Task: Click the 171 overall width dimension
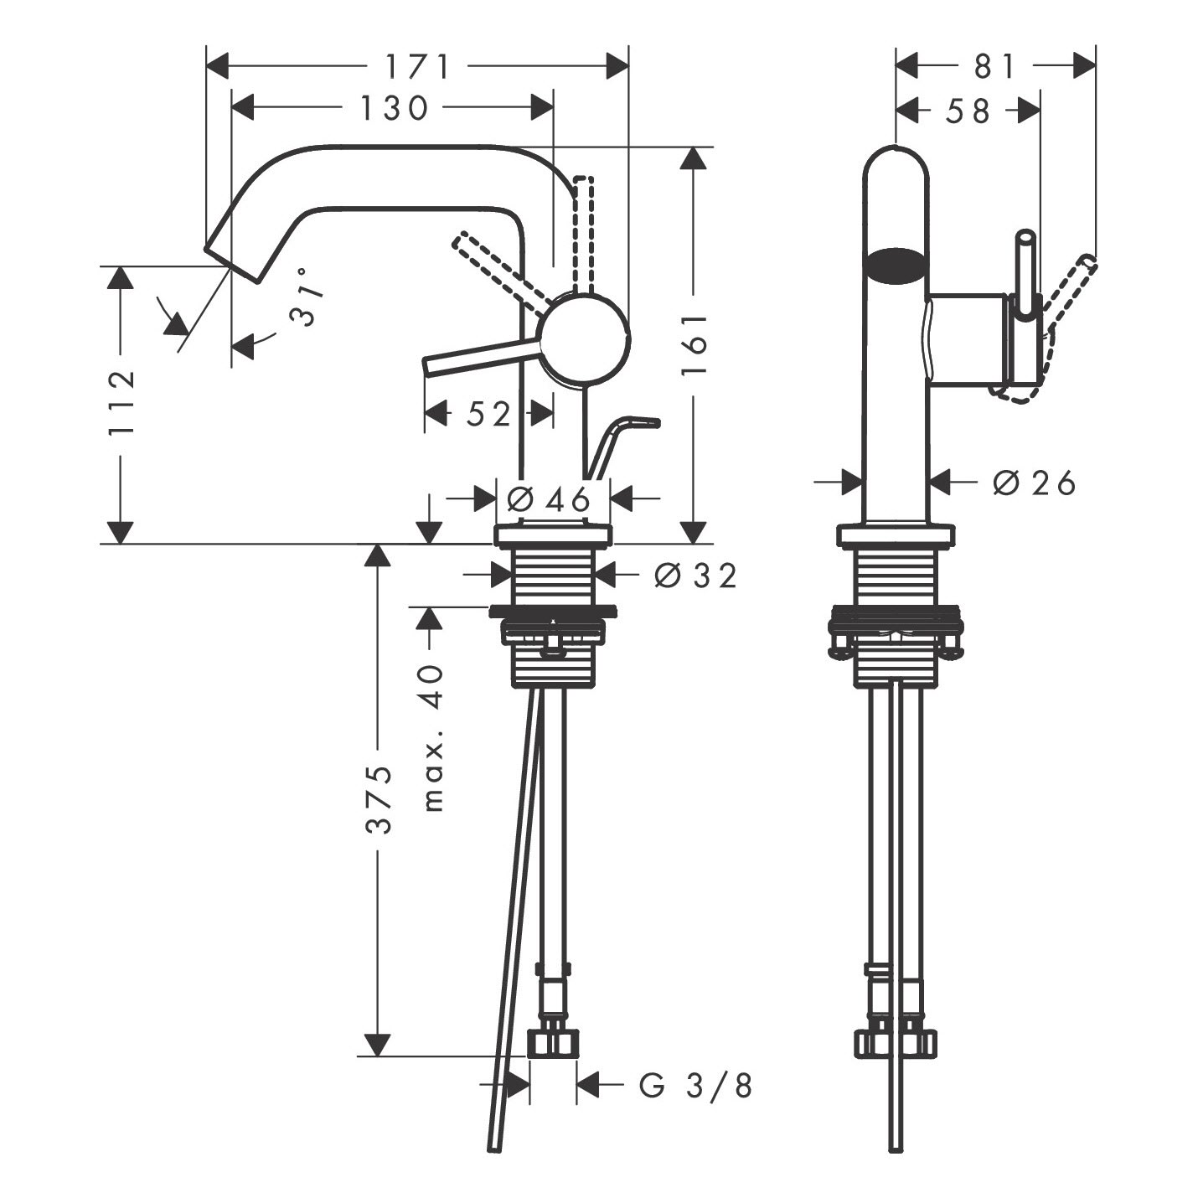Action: pos(417,66)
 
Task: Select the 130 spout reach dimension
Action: pos(394,107)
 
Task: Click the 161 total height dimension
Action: pos(695,343)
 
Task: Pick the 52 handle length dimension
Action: pos(488,413)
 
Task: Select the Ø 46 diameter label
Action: pos(548,498)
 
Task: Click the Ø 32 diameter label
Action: pos(695,576)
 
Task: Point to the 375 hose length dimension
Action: pos(377,799)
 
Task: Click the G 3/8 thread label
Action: pos(695,1086)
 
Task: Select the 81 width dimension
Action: pos(994,66)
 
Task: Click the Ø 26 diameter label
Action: pos(1034,483)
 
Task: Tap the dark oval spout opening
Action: pos(896,266)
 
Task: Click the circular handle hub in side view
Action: pos(586,338)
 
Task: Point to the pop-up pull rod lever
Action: pos(622,445)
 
